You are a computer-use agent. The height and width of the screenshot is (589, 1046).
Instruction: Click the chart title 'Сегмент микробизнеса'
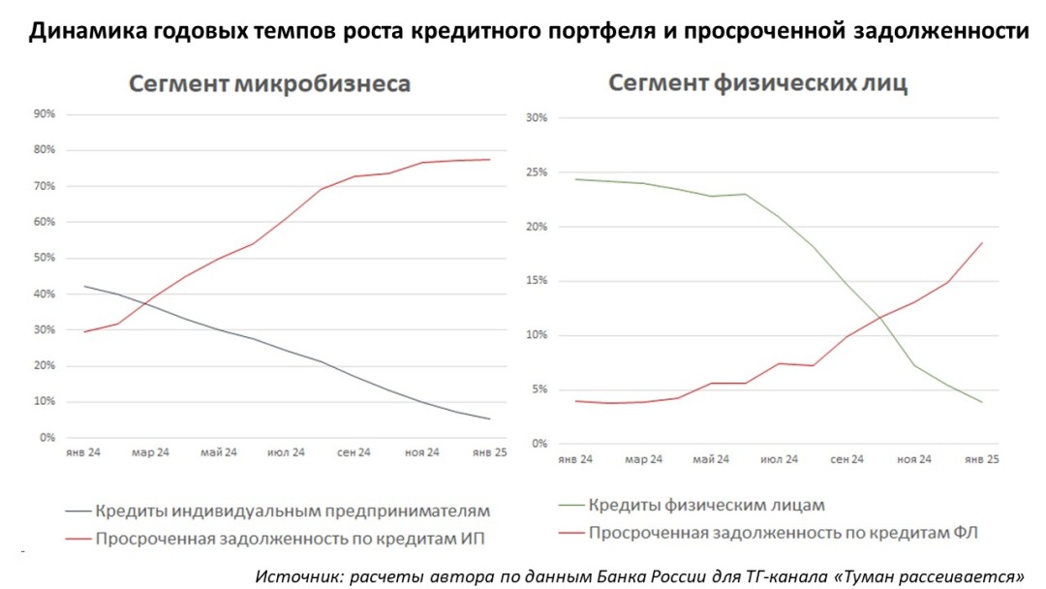tap(270, 84)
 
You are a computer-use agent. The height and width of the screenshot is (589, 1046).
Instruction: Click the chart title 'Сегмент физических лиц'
tap(757, 83)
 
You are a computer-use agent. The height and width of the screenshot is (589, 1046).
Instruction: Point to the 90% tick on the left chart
tap(45, 114)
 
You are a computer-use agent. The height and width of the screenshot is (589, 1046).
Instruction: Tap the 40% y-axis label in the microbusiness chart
tap(45, 294)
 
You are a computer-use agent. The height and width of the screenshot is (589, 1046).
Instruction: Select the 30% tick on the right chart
tap(537, 118)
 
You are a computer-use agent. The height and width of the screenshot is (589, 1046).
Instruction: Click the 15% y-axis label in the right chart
tap(537, 281)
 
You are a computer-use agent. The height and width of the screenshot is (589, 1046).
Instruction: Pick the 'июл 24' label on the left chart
tap(286, 452)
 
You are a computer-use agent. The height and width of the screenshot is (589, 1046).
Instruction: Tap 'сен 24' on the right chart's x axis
tap(847, 459)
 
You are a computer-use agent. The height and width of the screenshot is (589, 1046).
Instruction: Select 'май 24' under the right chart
tap(712, 459)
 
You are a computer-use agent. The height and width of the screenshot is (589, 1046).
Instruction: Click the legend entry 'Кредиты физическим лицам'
tap(707, 505)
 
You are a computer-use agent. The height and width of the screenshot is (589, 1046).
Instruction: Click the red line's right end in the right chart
tap(982, 243)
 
